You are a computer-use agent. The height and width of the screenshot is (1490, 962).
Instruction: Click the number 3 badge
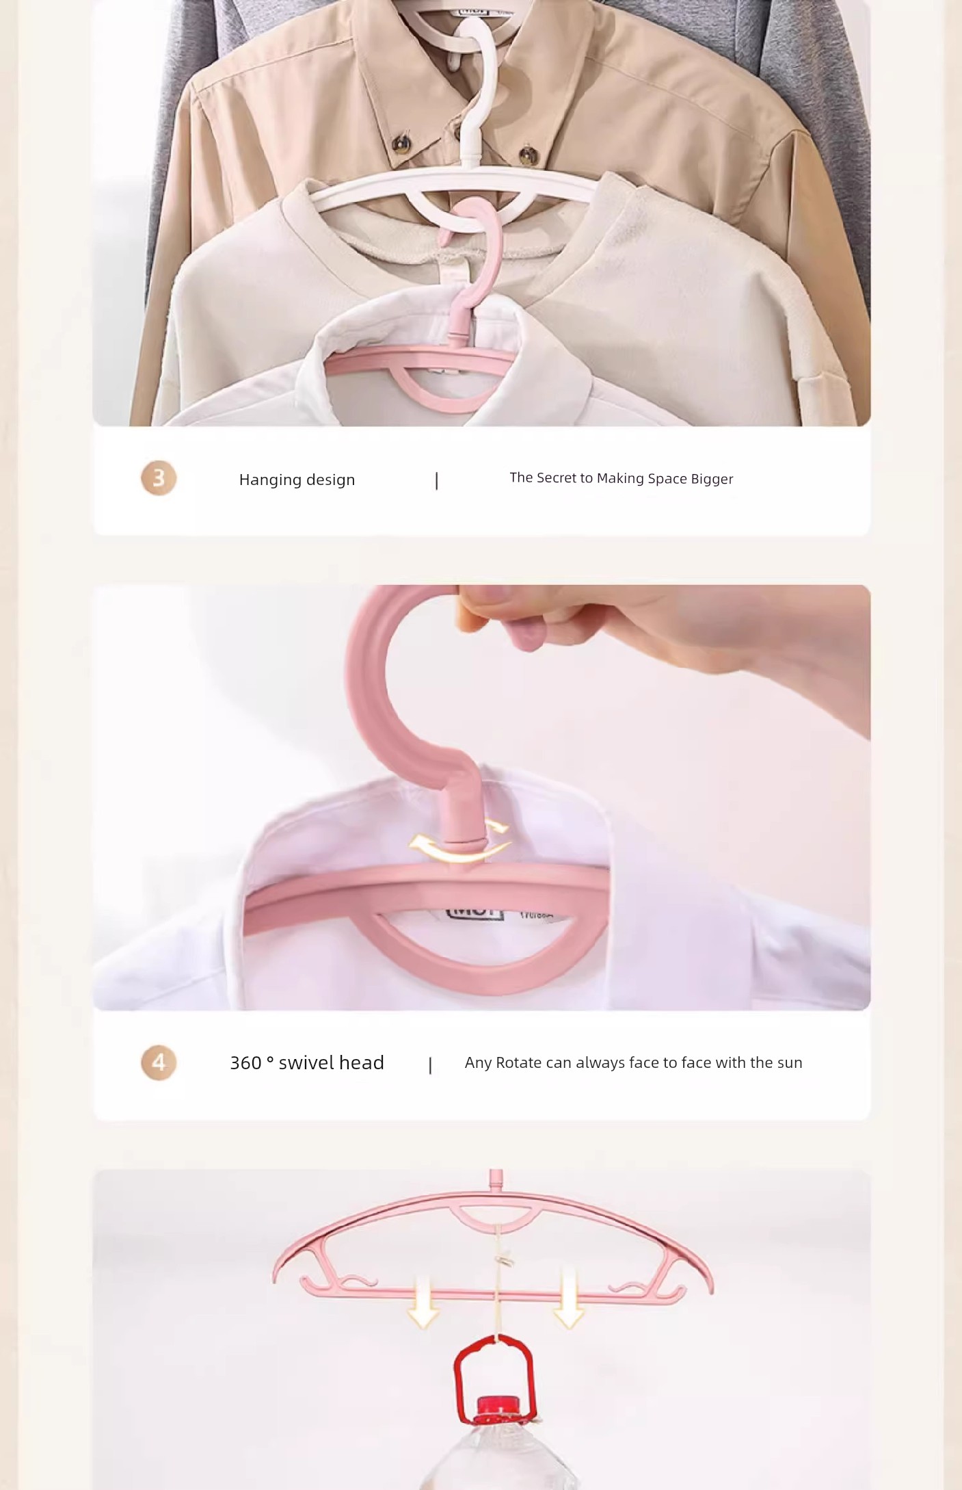point(159,478)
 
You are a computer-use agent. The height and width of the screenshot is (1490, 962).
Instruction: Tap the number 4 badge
point(159,1062)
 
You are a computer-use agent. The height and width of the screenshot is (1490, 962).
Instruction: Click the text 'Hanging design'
point(297,480)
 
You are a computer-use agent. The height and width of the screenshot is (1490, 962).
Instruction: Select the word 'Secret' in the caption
point(552,478)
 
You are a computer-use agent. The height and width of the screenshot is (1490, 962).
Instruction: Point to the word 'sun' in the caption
point(790,1063)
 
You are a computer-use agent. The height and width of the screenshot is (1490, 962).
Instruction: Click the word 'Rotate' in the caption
point(518,1062)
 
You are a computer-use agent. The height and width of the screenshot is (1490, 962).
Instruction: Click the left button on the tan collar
point(403,142)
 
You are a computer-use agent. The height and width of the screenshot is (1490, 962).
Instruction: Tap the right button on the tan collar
point(527,154)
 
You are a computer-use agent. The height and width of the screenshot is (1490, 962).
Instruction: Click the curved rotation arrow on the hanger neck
point(460,842)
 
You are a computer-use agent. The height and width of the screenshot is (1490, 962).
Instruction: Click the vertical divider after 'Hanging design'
point(437,481)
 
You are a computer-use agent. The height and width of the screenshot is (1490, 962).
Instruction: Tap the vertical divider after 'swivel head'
point(430,1065)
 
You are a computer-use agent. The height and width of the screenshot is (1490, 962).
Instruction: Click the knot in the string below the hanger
point(505,1257)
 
